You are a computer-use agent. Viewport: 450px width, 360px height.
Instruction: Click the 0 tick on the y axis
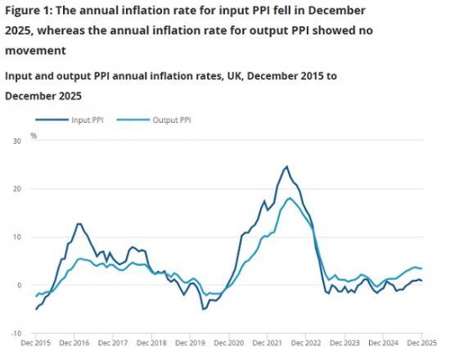coord(17,286)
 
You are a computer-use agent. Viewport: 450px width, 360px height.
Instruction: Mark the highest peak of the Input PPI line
coord(286,167)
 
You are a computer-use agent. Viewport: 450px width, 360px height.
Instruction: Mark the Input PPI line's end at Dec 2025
coord(422,281)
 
